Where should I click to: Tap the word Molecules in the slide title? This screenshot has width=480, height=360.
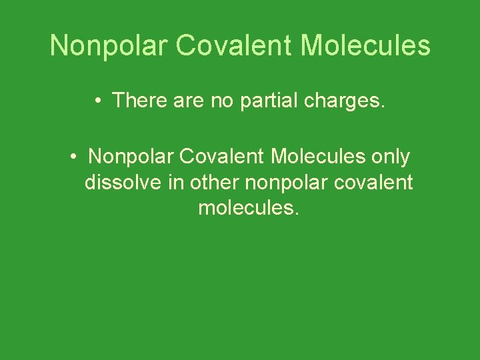365,46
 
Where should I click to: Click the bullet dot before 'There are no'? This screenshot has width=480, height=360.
97,101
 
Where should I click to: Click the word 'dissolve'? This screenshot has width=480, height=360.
125,182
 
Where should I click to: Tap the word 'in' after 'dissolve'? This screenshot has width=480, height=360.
179,182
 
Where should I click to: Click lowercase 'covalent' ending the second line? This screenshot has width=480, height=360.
377,182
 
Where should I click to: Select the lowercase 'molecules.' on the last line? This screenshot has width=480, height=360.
249,208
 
